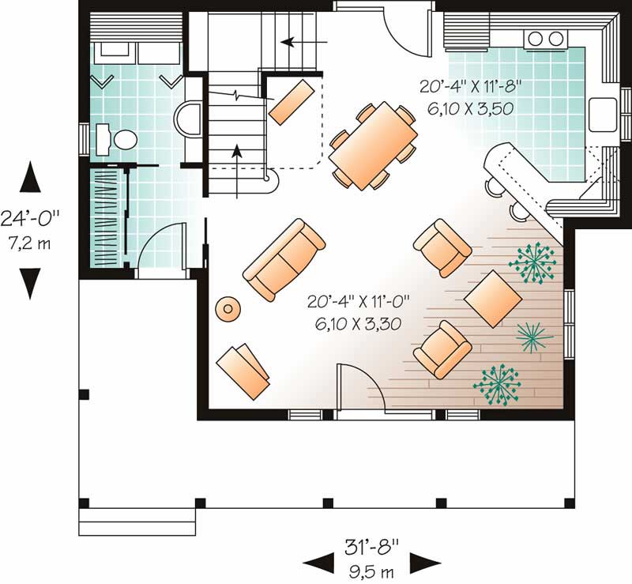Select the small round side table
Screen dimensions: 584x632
(x=228, y=309)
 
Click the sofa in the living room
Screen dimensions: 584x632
(x=284, y=258)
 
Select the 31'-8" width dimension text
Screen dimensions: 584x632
(x=371, y=545)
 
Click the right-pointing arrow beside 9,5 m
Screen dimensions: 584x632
(x=425, y=563)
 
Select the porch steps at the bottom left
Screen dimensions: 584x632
(x=137, y=522)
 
